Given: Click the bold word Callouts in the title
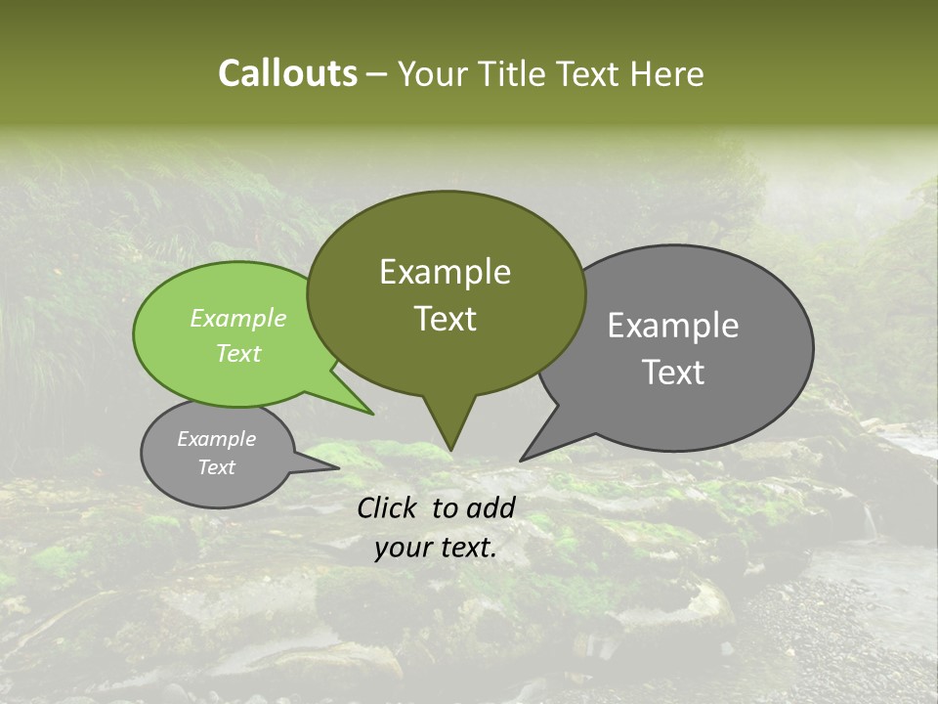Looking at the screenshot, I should click(x=287, y=73).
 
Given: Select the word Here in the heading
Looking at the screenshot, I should click(x=666, y=73).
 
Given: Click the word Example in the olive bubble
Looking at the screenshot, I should click(x=445, y=272).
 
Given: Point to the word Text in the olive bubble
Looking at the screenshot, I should click(x=445, y=319).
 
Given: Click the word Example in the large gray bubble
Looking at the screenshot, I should click(x=673, y=326).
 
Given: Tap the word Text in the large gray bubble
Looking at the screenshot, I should click(x=673, y=373).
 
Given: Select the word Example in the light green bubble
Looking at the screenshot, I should click(x=238, y=318).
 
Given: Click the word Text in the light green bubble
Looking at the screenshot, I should click(x=238, y=353).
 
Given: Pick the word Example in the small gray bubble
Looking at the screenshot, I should click(x=216, y=439).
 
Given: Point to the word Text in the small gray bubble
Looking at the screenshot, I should click(x=216, y=467).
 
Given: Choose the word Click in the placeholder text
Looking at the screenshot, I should click(x=389, y=507).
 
